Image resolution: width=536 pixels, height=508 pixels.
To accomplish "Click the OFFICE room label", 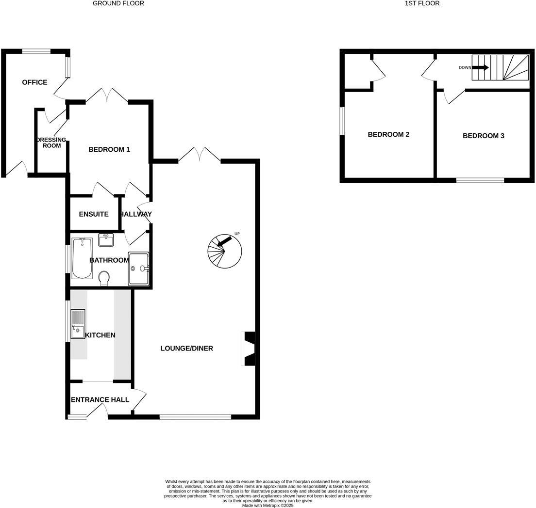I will click(x=34, y=82).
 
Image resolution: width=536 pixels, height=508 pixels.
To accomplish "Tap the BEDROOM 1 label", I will click(x=109, y=149).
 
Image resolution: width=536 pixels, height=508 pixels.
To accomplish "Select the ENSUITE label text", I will click(x=94, y=214).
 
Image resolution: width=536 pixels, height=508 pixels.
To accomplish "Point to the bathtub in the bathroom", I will click(x=82, y=258).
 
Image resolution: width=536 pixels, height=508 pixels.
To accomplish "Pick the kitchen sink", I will click(x=77, y=324).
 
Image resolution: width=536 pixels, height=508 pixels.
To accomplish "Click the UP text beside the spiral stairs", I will click(x=237, y=234).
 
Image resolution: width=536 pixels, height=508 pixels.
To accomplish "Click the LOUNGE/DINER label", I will click(x=187, y=348).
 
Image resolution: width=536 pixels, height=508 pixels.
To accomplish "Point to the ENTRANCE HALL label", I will click(x=100, y=400).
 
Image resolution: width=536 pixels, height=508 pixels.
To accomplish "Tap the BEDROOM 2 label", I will click(x=388, y=134).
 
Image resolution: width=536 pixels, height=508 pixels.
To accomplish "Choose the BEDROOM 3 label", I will click(x=483, y=136).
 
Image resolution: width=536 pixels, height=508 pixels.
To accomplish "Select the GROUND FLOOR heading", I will click(x=118, y=3).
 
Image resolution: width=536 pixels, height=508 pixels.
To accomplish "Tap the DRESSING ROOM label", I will click(x=51, y=143).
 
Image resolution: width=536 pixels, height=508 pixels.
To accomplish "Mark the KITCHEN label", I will click(x=100, y=335).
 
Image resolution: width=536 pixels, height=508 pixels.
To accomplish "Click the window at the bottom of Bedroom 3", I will click(x=480, y=180).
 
